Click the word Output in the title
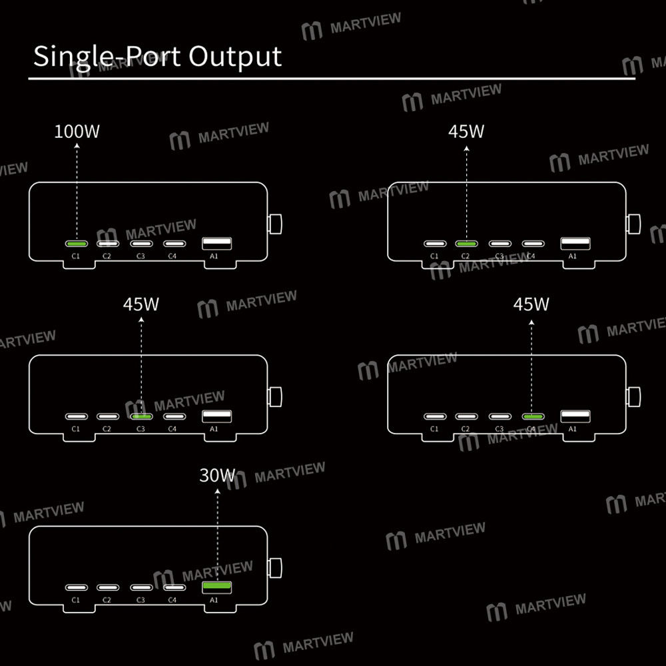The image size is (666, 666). point(235,57)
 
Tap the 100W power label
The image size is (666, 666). point(77,131)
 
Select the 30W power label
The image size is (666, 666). point(217,476)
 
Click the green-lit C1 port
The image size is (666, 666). point(76,244)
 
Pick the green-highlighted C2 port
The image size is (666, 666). point(466,244)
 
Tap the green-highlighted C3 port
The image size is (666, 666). point(141,417)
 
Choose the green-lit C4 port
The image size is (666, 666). point(532,417)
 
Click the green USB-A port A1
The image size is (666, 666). point(217,587)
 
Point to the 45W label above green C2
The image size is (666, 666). point(466,131)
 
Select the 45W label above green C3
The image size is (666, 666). point(141,304)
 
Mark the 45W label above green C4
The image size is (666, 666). point(531,304)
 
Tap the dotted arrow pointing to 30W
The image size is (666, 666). point(217,533)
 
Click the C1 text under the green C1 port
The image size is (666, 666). point(76,256)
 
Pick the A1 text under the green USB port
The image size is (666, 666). point(214,600)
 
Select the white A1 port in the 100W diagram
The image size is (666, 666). point(217,244)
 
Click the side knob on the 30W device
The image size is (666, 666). point(274,568)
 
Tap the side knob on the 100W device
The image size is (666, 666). point(274,223)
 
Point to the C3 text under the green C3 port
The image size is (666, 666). point(141,429)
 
